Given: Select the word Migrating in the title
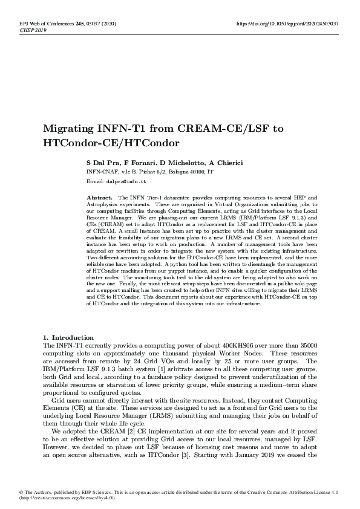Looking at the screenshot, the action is pyautogui.click(x=67, y=129).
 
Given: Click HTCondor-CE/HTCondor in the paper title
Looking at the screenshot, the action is pyautogui.click(x=112, y=144).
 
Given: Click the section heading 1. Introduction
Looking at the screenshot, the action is pyautogui.click(x=68, y=337).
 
